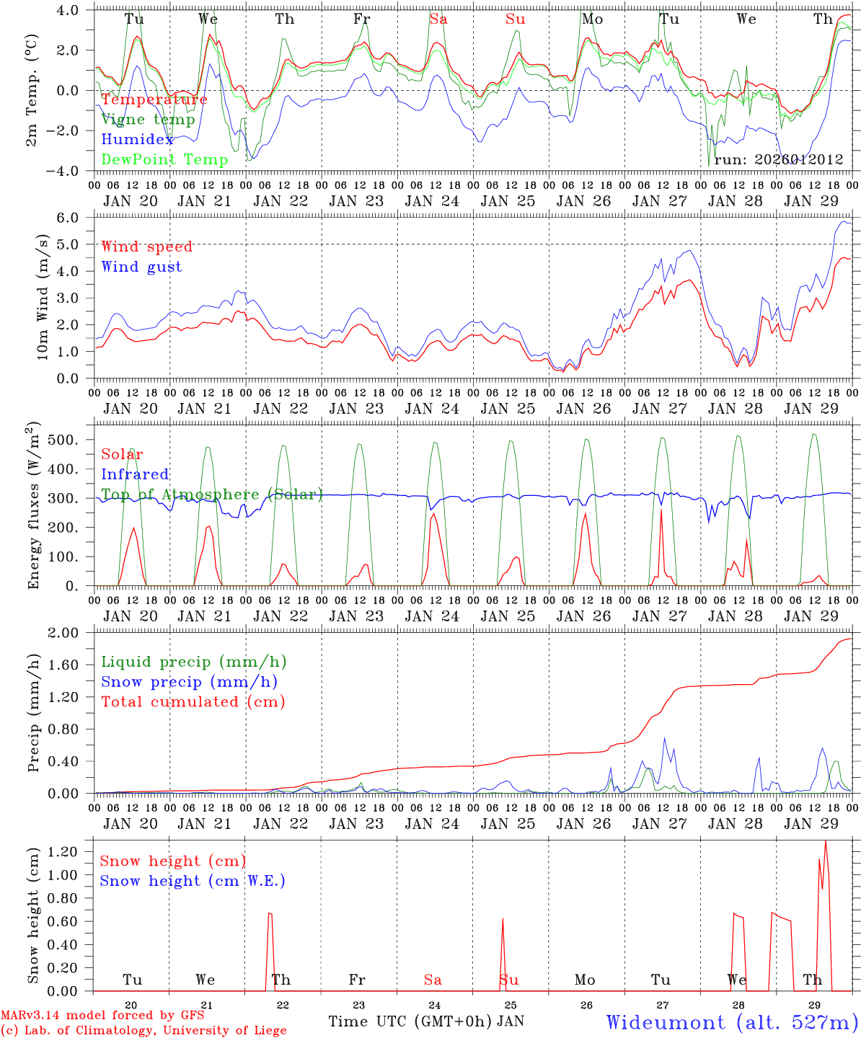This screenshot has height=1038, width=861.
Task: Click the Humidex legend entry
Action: click(138, 140)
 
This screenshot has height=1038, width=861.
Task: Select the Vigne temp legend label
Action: click(148, 120)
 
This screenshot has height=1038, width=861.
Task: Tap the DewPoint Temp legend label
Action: click(164, 159)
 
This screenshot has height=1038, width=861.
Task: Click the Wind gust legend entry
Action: click(141, 267)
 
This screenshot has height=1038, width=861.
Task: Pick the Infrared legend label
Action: click(135, 474)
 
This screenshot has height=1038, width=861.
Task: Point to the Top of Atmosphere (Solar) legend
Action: click(211, 494)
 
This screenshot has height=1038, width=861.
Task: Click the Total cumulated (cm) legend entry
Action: click(193, 701)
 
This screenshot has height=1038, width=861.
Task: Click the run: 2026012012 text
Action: click(778, 159)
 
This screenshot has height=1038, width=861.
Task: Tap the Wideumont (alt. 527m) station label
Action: click(732, 1022)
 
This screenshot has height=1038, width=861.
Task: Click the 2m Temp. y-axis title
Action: click(32, 90)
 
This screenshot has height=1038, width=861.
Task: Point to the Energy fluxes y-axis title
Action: click(32, 505)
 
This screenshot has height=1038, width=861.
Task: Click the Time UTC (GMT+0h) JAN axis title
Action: click(425, 1021)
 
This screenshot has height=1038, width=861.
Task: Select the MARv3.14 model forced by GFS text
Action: click(102, 1016)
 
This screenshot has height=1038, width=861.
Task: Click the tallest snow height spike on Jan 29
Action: click(825, 843)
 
